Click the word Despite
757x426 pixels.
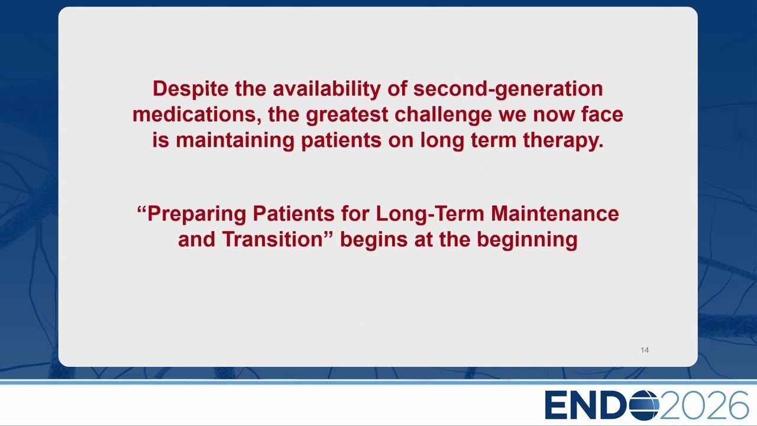[x=190, y=89]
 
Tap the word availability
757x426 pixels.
[x=327, y=89]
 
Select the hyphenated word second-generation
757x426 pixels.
[x=508, y=89]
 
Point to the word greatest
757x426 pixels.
[x=347, y=115]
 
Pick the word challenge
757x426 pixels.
[x=444, y=115]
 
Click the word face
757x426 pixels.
[x=602, y=114]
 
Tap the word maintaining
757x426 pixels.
[x=235, y=140]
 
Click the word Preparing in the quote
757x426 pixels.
[x=197, y=214]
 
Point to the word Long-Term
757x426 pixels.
[x=430, y=214]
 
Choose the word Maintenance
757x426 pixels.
[x=555, y=214]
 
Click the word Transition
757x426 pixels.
[x=273, y=240]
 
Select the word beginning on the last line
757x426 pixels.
[x=527, y=240]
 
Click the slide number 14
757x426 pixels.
[x=645, y=350]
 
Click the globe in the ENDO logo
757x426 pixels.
[x=644, y=405]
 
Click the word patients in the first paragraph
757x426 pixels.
[x=341, y=141]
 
